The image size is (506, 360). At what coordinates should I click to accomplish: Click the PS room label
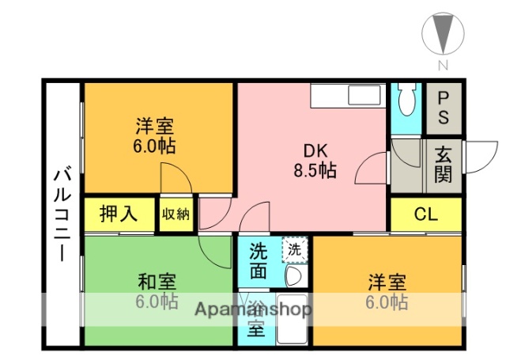tap(443, 108)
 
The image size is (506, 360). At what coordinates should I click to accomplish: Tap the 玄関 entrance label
tap(443, 165)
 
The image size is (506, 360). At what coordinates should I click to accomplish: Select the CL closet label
tap(426, 214)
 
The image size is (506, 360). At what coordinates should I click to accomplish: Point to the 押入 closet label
tap(119, 214)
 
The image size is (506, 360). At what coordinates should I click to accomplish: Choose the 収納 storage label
tap(176, 214)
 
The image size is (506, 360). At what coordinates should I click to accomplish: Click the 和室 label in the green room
tap(157, 282)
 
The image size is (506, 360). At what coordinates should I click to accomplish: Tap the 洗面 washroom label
tap(259, 262)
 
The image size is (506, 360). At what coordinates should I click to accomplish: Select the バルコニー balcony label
tap(62, 214)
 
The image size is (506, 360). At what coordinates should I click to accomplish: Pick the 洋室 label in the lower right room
tap(387, 282)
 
